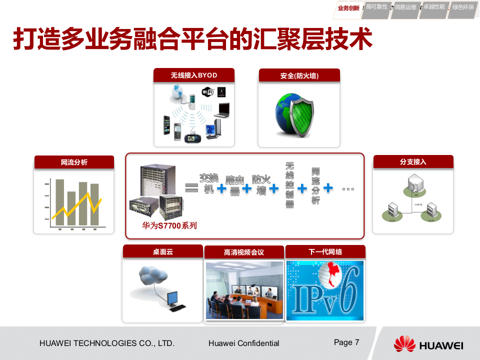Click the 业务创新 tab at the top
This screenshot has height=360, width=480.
pos(348,7)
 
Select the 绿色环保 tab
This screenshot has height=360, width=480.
pos(463,7)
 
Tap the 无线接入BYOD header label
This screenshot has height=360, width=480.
pos(194,75)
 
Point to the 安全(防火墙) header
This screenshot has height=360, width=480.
pos(299,76)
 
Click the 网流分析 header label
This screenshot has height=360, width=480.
pos(74,162)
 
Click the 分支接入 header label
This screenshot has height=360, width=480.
pos(413,162)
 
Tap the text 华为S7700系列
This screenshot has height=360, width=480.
pos(169,225)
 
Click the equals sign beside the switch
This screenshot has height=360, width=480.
pos(191,188)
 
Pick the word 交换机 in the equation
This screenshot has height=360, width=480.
pos(209,183)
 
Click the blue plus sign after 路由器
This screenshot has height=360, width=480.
pos(247,188)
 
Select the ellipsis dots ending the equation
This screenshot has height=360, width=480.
pos(348,189)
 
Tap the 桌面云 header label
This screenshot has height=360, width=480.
pos(162,251)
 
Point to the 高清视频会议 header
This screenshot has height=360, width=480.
pos(244,252)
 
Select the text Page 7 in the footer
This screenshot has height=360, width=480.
pos(346,342)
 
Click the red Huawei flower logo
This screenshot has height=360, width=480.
pos(404,344)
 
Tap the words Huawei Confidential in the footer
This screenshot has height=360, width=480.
pos(243,343)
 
